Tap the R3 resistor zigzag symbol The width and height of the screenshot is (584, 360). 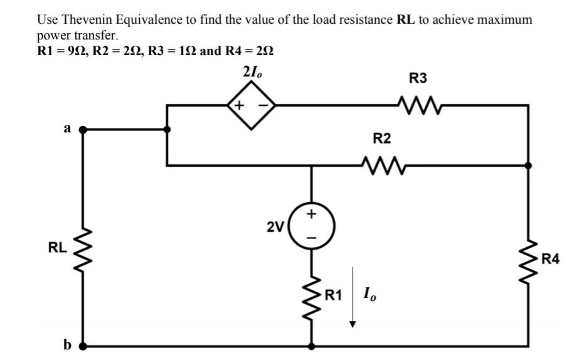coord(418,105)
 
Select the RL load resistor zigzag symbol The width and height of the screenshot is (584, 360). coord(82,248)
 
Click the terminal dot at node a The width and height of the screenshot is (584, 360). coord(82,130)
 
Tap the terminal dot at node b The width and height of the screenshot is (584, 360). coord(82,345)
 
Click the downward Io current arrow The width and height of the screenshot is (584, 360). coord(353,298)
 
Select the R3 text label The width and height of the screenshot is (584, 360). coord(418,78)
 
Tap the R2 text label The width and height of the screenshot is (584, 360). coord(381,138)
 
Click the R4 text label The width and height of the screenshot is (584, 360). coord(550,257)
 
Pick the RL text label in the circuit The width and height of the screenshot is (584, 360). coord(57,248)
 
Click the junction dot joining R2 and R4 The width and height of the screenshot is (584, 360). coord(528,166)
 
